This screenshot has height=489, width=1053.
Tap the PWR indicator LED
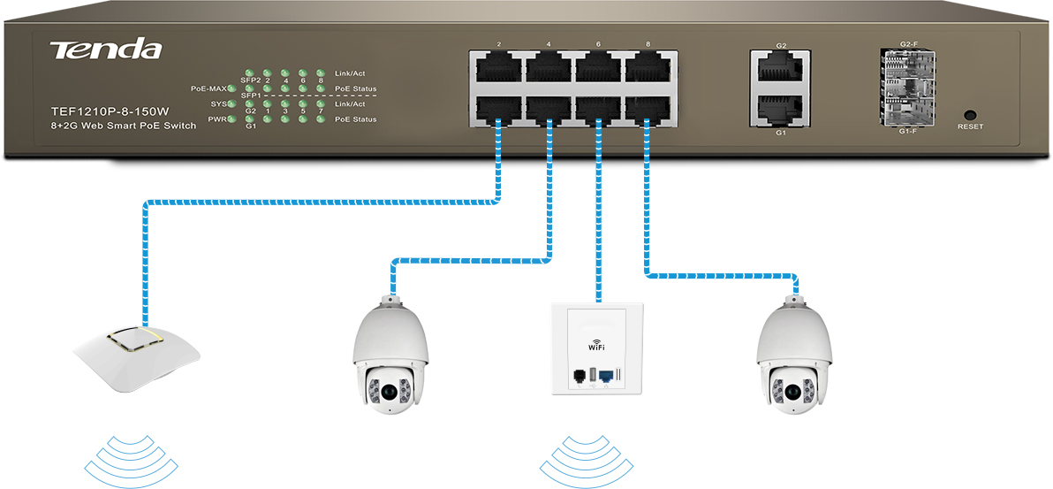[x=231, y=119]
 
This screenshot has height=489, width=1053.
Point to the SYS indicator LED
[x=231, y=104]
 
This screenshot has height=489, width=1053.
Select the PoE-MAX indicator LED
[x=231, y=89]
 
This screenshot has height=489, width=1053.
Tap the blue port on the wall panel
[x=608, y=377]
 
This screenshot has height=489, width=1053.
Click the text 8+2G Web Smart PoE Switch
[x=124, y=126]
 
